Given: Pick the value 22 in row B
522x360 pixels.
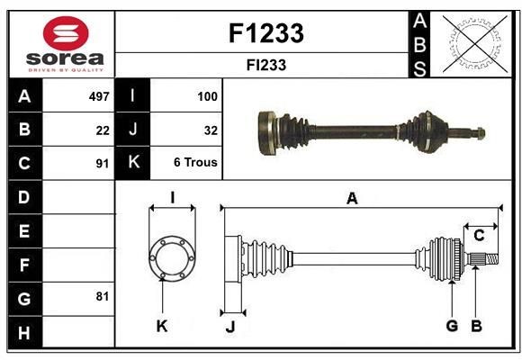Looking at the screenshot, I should (103, 130).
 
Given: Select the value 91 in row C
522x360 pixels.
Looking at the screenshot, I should (103, 164).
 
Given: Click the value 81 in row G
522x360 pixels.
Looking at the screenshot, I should (103, 294).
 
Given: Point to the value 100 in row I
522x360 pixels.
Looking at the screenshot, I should (207, 95).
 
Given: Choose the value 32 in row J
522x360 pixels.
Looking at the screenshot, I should (211, 130).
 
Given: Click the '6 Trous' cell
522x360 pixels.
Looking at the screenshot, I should (195, 163).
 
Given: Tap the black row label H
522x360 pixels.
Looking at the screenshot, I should (24, 333).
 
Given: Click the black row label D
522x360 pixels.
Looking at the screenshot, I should (24, 196).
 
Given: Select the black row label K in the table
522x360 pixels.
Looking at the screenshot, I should (133, 163).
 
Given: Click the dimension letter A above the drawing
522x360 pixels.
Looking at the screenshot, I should (352, 199).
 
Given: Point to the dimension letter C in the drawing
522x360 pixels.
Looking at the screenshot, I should (479, 236).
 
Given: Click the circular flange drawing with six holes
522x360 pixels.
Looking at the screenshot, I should (171, 258).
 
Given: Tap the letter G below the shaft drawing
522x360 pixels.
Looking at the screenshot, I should (452, 326).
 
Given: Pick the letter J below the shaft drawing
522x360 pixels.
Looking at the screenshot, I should (230, 328).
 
